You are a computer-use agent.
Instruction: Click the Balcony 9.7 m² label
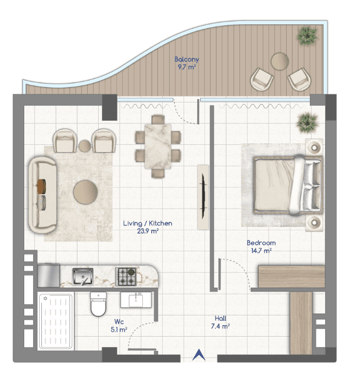click(186, 63)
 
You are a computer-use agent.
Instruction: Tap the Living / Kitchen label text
click(148, 223)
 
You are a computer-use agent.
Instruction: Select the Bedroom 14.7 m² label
click(261, 247)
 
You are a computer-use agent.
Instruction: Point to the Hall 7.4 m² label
click(220, 322)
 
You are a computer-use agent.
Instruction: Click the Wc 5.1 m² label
click(119, 326)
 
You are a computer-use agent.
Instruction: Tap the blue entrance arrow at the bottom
click(199, 354)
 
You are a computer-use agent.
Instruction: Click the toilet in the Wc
click(98, 304)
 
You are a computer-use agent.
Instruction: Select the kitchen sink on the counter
click(83, 277)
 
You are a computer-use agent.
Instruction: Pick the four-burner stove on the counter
click(126, 277)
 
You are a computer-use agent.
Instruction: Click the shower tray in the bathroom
click(56, 321)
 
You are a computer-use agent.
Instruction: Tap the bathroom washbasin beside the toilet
click(136, 300)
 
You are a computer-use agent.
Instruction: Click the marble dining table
click(158, 146)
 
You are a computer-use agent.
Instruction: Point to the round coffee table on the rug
click(85, 192)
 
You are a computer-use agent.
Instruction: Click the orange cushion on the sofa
click(41, 186)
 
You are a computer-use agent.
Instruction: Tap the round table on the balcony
click(280, 61)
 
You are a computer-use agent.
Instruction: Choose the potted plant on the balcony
click(307, 36)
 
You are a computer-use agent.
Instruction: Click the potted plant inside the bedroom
click(307, 123)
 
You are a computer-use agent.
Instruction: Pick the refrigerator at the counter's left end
click(49, 276)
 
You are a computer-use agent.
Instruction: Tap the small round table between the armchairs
click(84, 146)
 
